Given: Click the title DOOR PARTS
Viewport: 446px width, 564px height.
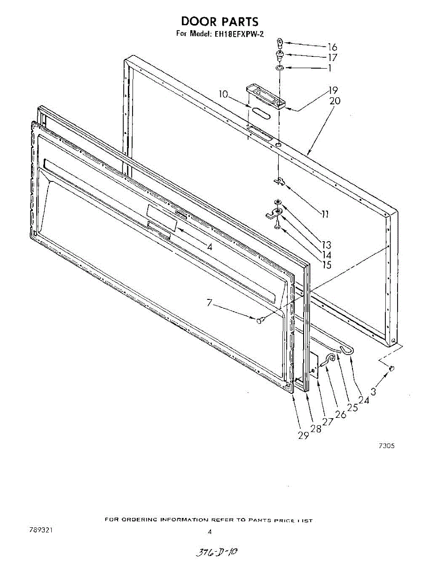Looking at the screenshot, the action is (x=219, y=21).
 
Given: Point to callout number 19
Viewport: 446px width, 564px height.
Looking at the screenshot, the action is (x=333, y=90).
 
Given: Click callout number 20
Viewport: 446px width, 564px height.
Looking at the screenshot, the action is (x=335, y=101).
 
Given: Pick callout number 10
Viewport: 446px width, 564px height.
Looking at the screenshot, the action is (x=223, y=95).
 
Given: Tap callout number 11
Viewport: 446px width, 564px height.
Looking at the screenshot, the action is (x=325, y=215).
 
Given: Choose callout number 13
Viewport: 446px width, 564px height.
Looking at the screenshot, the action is (x=326, y=245).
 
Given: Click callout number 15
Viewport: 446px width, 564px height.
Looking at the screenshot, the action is (x=326, y=265).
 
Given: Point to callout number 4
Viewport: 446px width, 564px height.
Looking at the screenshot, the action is (x=210, y=246).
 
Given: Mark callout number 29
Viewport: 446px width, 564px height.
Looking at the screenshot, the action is (x=303, y=435).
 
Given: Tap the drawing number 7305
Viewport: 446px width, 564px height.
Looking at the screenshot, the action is (x=386, y=446).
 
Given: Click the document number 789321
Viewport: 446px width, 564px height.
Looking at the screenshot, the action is (x=40, y=530).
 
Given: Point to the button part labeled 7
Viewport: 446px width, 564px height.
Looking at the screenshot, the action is (x=260, y=320).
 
